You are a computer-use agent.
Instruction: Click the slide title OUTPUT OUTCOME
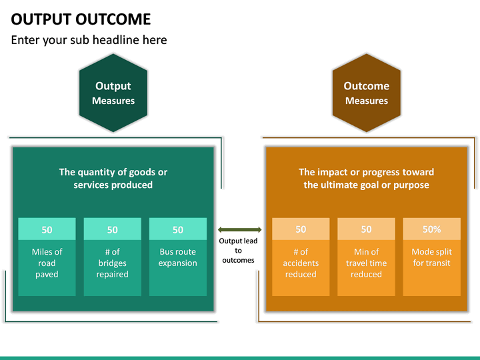click(81, 19)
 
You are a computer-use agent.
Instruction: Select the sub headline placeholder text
click(89, 40)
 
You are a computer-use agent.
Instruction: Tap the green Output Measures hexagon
click(113, 93)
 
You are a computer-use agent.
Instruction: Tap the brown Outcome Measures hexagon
click(366, 93)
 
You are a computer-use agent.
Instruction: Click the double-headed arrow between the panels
click(239, 230)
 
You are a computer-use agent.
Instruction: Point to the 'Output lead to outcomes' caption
click(239, 251)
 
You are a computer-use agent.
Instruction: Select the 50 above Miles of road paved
click(47, 230)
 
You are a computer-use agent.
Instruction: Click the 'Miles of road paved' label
click(47, 263)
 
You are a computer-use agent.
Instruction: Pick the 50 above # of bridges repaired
click(112, 230)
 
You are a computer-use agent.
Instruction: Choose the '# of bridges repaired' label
click(112, 263)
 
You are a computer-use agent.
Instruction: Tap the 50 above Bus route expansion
click(178, 230)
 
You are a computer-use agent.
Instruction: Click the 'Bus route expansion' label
click(178, 257)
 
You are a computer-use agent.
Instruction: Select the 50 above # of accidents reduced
click(301, 229)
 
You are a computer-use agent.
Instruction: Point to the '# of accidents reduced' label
click(301, 263)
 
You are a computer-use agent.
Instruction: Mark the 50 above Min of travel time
click(366, 229)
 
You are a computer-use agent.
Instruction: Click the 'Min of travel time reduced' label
click(366, 263)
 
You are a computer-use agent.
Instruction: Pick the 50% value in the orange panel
click(432, 229)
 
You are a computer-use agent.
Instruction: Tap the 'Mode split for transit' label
click(432, 257)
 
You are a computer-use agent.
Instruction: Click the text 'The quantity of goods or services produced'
click(113, 178)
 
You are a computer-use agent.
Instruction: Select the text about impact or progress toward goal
click(366, 178)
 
